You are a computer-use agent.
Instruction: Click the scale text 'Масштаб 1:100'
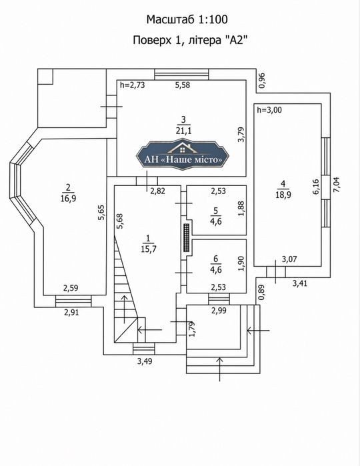tap(187, 19)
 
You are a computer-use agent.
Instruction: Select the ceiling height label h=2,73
tap(132, 85)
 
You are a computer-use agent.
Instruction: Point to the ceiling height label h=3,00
tap(269, 110)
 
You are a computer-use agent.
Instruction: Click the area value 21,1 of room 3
tap(183, 131)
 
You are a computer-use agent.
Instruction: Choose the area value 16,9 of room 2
tap(69, 198)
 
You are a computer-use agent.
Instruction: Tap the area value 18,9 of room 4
tap(283, 195)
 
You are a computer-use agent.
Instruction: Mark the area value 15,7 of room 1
tap(149, 249)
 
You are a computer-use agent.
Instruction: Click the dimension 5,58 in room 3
tap(182, 85)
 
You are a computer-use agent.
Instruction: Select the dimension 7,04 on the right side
tap(337, 185)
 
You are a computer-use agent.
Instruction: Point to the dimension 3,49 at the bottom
tap(145, 361)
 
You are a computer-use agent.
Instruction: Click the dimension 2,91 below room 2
tap(71, 312)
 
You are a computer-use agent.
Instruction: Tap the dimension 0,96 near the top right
tap(261, 80)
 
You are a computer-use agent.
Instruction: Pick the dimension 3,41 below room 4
tap(299, 283)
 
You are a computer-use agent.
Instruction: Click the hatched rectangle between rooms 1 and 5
tap(187, 238)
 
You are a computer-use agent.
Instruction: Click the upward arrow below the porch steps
tap(220, 369)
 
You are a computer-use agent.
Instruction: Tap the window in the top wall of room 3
tap(181, 75)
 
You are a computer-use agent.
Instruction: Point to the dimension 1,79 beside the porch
tap(192, 329)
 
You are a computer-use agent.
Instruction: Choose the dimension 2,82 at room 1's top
tap(157, 191)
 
